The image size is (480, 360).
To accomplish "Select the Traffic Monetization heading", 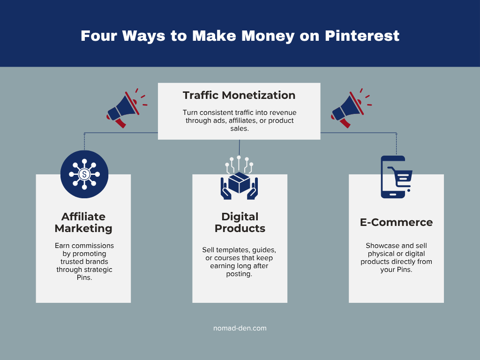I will (239, 95).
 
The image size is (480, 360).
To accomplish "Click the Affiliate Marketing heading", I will (83, 223).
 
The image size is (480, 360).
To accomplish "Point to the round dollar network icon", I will (84, 174).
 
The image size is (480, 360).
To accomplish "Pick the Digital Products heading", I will (240, 223).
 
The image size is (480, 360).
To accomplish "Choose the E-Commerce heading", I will (396, 222).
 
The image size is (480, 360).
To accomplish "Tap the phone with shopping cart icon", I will (394, 177).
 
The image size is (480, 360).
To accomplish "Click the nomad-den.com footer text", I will (240, 328).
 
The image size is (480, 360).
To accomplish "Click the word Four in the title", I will (98, 36).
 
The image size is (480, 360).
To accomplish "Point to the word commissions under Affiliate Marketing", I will (92, 246).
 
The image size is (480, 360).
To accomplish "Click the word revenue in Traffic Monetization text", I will (282, 113).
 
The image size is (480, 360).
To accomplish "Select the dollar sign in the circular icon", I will (84, 174).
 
